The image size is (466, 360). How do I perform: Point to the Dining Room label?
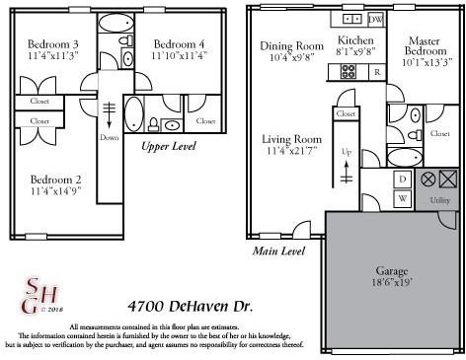click(291, 46)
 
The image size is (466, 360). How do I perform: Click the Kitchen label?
click(354, 38)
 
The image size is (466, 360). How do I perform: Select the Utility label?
click(440, 200)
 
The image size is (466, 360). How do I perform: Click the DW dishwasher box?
click(375, 20)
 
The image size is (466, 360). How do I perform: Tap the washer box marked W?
click(402, 197)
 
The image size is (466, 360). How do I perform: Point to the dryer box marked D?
click(402, 179)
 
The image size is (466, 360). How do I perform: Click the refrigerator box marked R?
click(376, 72)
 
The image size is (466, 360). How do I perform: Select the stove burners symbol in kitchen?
click(349, 71)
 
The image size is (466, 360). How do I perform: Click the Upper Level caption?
click(168, 147)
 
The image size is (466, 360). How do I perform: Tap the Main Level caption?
click(278, 252)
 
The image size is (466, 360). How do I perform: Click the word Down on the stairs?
click(109, 138)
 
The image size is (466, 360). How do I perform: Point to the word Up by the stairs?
click(347, 153)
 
